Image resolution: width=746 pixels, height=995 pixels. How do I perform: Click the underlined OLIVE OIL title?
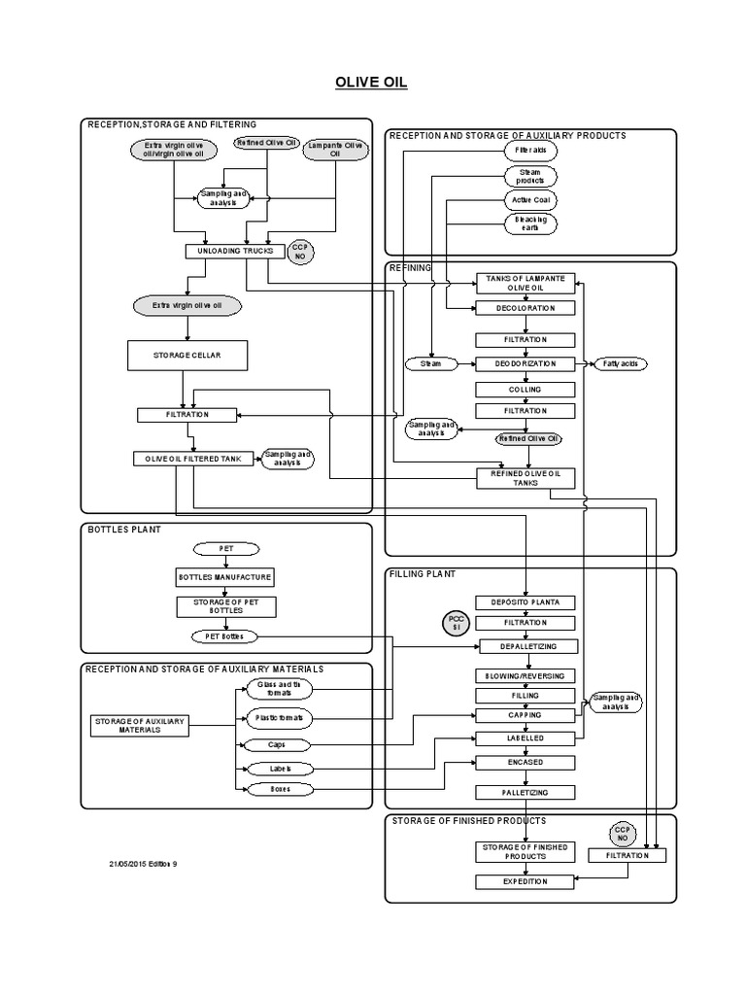tap(373, 83)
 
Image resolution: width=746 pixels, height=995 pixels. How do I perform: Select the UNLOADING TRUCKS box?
tap(235, 251)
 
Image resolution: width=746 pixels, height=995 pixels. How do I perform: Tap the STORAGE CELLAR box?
tap(186, 356)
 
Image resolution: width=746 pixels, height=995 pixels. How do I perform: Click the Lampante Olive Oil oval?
tap(335, 150)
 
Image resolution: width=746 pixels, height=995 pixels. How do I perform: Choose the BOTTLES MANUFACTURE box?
tap(224, 577)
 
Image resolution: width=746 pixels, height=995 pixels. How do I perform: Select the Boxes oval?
tap(280, 789)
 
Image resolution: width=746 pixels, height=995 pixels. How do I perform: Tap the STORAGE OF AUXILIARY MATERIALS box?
tap(139, 726)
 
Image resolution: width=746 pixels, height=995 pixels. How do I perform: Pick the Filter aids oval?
tap(530, 151)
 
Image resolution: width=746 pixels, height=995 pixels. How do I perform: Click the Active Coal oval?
tap(530, 200)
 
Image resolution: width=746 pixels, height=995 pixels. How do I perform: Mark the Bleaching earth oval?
tap(530, 223)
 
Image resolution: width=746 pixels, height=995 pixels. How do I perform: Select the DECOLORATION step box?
tap(525, 308)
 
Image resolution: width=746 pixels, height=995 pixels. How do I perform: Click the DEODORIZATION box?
tap(525, 363)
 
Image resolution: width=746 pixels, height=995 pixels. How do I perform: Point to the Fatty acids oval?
tap(620, 363)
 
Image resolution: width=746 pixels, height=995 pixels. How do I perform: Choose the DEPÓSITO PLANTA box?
tap(525, 602)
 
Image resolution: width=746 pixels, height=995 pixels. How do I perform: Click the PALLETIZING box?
tap(525, 793)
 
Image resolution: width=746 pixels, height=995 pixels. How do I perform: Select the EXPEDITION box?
tap(525, 881)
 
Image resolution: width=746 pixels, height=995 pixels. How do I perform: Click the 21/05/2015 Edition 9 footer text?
tap(143, 864)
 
